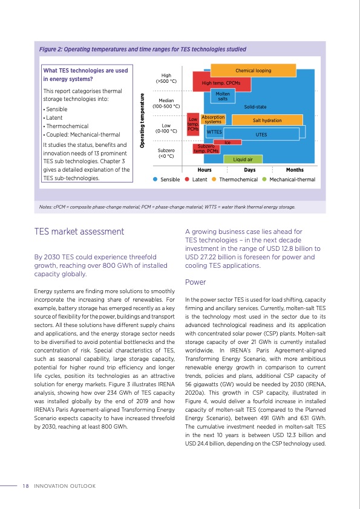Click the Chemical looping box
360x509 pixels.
(x=253, y=71)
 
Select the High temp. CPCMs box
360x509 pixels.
(x=221, y=83)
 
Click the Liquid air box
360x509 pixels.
(x=243, y=160)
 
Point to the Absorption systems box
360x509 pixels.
(x=213, y=119)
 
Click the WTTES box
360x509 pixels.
(x=214, y=131)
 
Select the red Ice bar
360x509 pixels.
(x=227, y=142)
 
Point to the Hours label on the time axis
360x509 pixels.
(x=205, y=170)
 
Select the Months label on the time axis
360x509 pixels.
(x=294, y=170)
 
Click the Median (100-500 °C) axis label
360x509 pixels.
(x=166, y=103)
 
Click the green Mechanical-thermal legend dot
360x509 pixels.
(x=264, y=180)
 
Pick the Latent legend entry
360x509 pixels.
(x=196, y=180)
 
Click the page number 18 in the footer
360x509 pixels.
(x=25, y=485)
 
